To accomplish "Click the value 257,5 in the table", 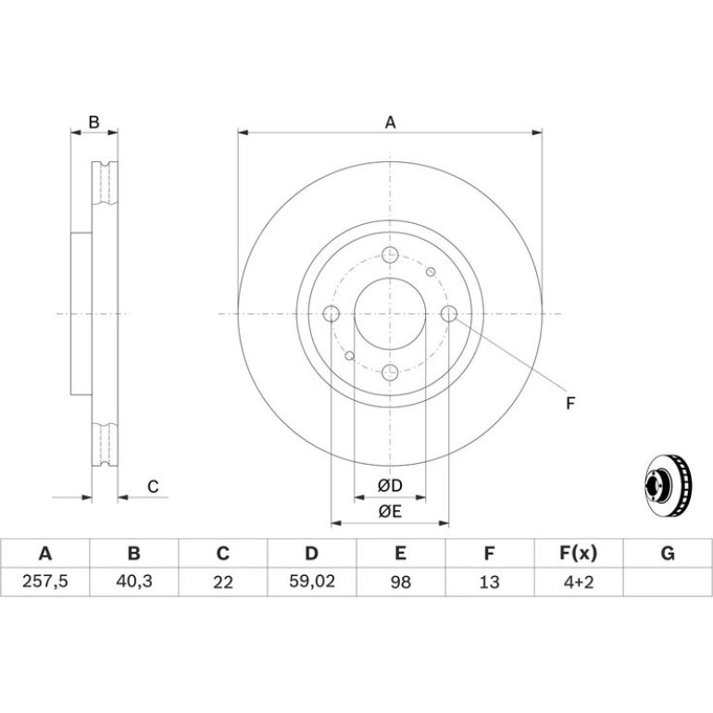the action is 45,582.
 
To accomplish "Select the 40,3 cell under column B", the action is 134,582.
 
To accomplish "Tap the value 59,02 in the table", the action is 312,582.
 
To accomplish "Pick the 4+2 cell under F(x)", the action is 579,582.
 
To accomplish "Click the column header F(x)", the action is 578,554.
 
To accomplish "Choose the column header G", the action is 668,554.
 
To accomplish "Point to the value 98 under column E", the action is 401,582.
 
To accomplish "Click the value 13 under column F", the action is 489,582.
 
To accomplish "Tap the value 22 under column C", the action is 223,582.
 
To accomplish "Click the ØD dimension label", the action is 390,485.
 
